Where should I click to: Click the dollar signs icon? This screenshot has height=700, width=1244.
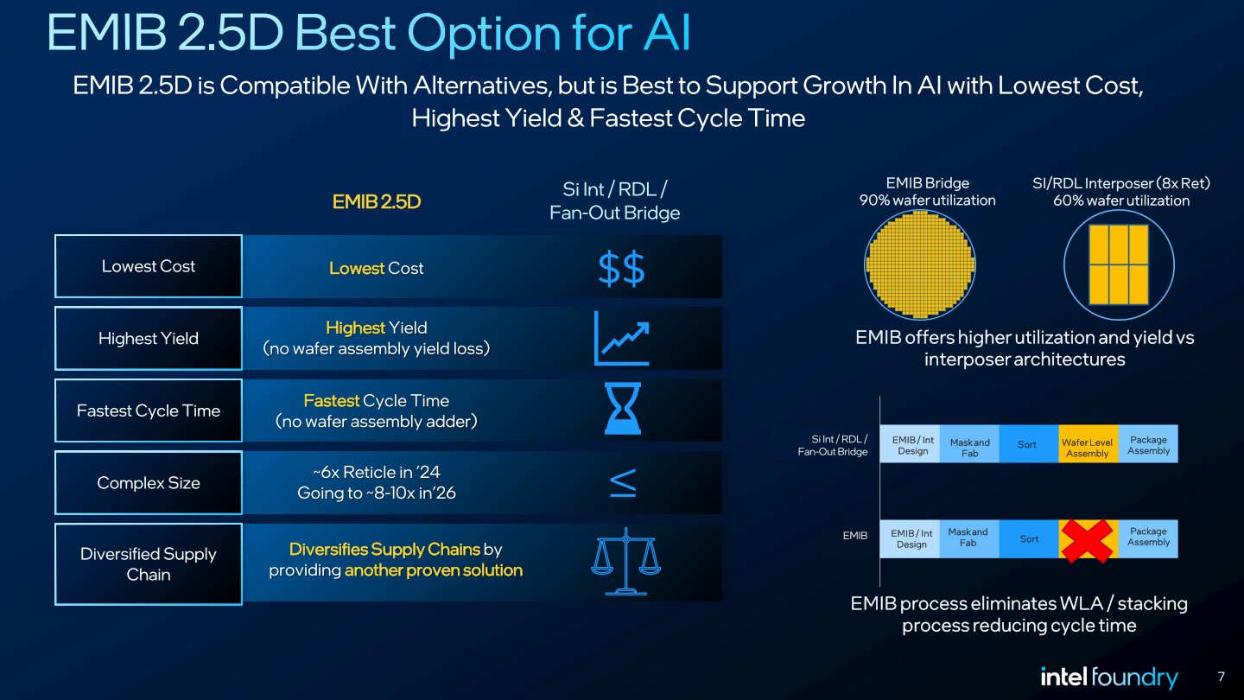pyautogui.click(x=621, y=270)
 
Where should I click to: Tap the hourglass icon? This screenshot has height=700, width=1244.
pyautogui.click(x=623, y=409)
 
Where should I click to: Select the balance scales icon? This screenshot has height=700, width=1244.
pyautogui.click(x=625, y=562)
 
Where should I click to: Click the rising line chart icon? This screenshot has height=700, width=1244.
pyautogui.click(x=621, y=339)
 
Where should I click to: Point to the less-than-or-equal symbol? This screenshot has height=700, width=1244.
pyautogui.click(x=624, y=482)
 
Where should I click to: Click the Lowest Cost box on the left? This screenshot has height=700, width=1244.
pyautogui.click(x=149, y=266)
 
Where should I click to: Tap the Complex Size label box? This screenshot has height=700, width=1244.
pyautogui.click(x=149, y=483)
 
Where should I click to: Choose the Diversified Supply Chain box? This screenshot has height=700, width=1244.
pyautogui.click(x=149, y=564)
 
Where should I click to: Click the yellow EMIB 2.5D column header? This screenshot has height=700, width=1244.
pyautogui.click(x=376, y=202)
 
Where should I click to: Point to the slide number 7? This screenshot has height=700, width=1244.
pyautogui.click(x=1221, y=676)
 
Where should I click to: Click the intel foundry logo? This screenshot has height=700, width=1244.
pyautogui.click(x=1108, y=677)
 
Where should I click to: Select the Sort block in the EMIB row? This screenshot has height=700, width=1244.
pyautogui.click(x=1028, y=538)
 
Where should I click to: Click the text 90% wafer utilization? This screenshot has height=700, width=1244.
pyautogui.click(x=927, y=200)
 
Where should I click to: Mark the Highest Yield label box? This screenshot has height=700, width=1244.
pyautogui.click(x=149, y=339)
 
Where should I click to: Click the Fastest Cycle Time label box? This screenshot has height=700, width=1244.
pyautogui.click(x=149, y=411)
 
